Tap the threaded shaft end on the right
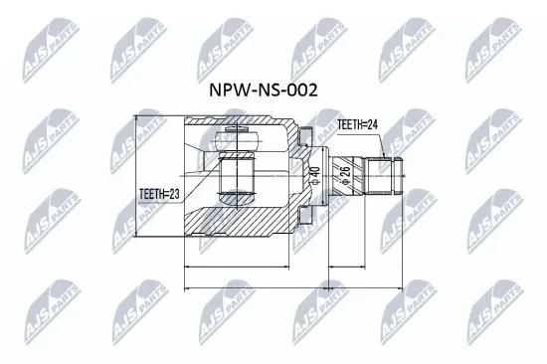[x=388, y=179]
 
